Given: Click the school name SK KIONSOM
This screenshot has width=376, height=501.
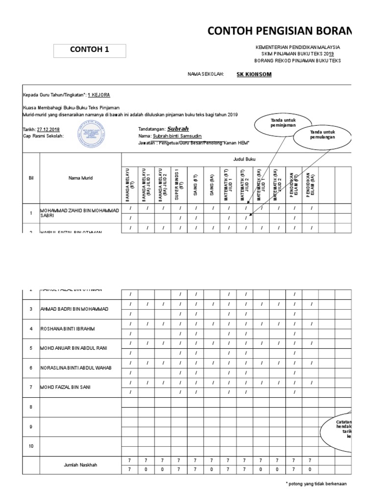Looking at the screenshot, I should [x=254, y=74].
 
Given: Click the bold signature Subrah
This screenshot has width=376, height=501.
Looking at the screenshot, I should [x=178, y=128].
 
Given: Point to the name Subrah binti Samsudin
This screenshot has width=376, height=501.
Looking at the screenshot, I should [x=177, y=136].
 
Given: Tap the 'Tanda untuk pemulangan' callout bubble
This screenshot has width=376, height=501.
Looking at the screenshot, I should [x=323, y=136].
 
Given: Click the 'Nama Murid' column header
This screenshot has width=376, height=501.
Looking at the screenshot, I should [x=80, y=178].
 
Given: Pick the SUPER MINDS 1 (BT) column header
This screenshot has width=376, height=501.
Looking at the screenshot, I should [x=179, y=185].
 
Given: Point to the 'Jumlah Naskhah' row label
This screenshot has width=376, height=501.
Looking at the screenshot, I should [x=80, y=465].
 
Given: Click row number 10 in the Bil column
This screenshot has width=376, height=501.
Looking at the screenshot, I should [x=31, y=446].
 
